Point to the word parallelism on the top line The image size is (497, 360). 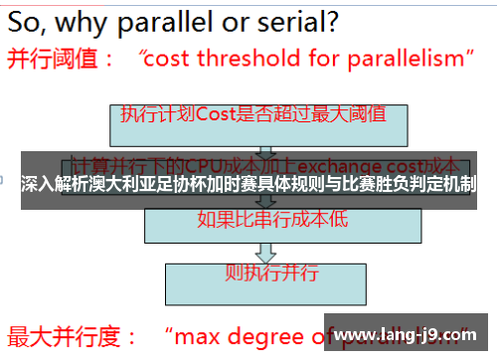click(x=398, y=59)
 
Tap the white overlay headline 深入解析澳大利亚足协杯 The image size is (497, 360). click(x=119, y=184)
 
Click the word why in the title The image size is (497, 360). click(x=93, y=19)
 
